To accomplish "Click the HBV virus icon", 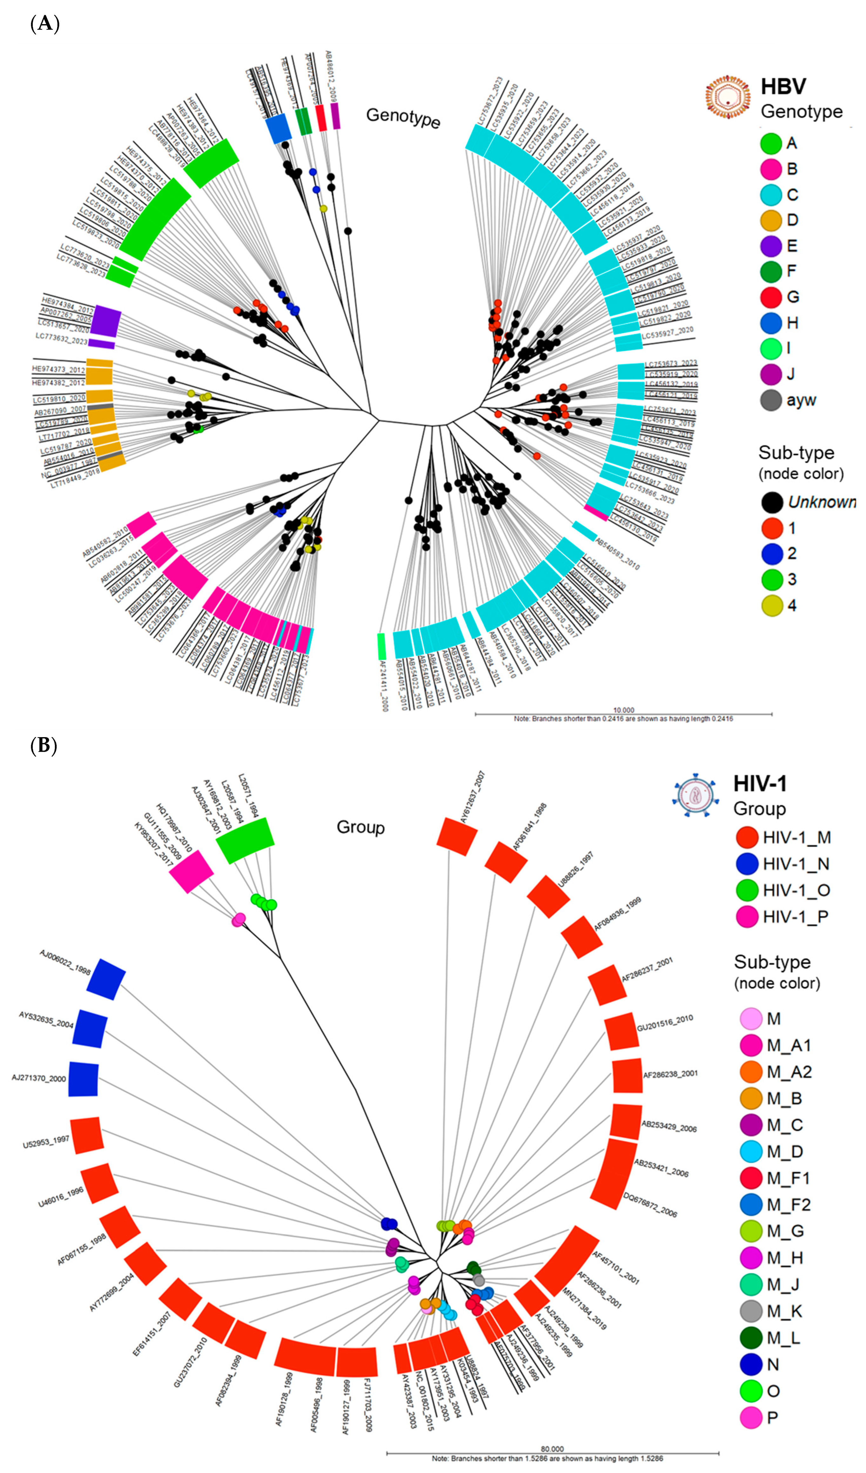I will point(728,98).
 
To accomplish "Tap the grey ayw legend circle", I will point(771,400).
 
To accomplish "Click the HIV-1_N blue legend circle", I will point(747,864).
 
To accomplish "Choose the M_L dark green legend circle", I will point(751,1338).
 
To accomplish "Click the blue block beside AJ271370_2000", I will point(83,1079).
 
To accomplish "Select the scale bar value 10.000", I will point(623,710).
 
